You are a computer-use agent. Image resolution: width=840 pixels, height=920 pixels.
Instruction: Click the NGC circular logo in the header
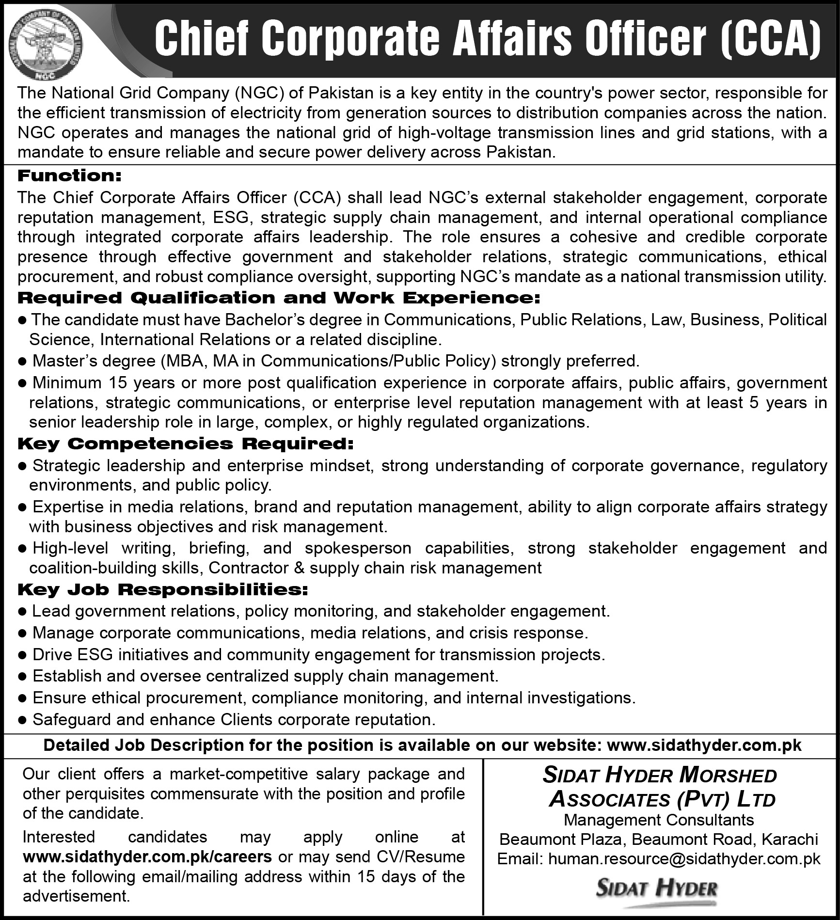[x=47, y=45]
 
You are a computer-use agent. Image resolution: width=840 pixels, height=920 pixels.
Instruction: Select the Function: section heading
[x=69, y=175]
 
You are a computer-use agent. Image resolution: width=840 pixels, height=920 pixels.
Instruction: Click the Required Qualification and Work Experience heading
[x=279, y=298]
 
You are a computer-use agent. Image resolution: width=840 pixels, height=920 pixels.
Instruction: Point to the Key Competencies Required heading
[x=186, y=444]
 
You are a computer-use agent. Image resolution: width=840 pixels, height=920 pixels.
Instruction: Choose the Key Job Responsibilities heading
[x=163, y=589]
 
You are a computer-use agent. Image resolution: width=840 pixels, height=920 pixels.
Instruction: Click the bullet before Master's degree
[x=21, y=362]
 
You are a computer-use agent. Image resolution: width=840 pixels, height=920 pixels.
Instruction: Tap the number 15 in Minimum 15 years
[x=118, y=383]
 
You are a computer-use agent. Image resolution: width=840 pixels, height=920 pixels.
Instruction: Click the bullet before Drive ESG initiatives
[x=21, y=655]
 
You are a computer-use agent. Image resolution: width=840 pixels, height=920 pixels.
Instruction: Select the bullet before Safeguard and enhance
[x=21, y=720]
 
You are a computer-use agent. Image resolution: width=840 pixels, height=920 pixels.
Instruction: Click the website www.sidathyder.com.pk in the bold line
[x=704, y=745]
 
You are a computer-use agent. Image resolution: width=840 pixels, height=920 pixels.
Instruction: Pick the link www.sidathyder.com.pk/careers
[x=147, y=857]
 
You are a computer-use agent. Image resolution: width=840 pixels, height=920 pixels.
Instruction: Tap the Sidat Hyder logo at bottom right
[x=657, y=889]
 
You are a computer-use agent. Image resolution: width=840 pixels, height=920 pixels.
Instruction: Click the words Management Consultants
[x=659, y=820]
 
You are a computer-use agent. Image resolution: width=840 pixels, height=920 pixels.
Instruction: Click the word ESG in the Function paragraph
[x=231, y=218]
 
